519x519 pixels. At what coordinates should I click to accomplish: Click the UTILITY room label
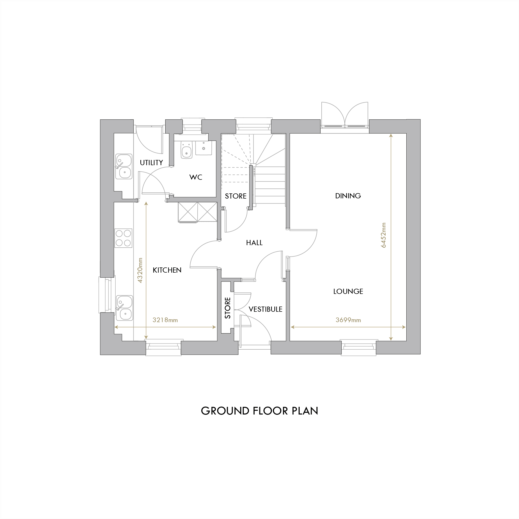151,162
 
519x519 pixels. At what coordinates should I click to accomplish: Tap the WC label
196,177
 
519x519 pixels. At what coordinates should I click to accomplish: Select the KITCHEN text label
167,270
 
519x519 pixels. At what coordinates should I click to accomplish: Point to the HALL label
254,243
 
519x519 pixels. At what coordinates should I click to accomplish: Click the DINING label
348,196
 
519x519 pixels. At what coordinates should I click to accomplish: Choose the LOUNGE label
348,291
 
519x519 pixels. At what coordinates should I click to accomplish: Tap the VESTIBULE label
265,309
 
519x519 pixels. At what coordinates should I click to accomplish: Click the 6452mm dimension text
383,235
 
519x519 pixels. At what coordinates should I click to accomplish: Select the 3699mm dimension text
348,320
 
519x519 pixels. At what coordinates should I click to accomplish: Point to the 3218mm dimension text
165,320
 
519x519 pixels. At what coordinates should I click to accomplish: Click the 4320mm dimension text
140,270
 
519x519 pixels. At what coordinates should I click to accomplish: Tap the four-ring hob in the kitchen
123,238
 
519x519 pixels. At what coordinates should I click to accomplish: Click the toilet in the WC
186,150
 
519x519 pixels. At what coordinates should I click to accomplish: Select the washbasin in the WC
204,148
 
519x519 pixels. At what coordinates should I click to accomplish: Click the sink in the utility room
124,166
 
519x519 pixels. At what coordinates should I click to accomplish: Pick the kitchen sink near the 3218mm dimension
124,308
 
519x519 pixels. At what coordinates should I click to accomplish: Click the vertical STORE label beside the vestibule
228,308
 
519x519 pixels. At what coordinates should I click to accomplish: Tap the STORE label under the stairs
235,196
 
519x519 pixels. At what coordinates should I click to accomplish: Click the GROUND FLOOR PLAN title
259,411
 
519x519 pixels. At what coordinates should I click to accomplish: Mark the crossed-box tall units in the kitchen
197,212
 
